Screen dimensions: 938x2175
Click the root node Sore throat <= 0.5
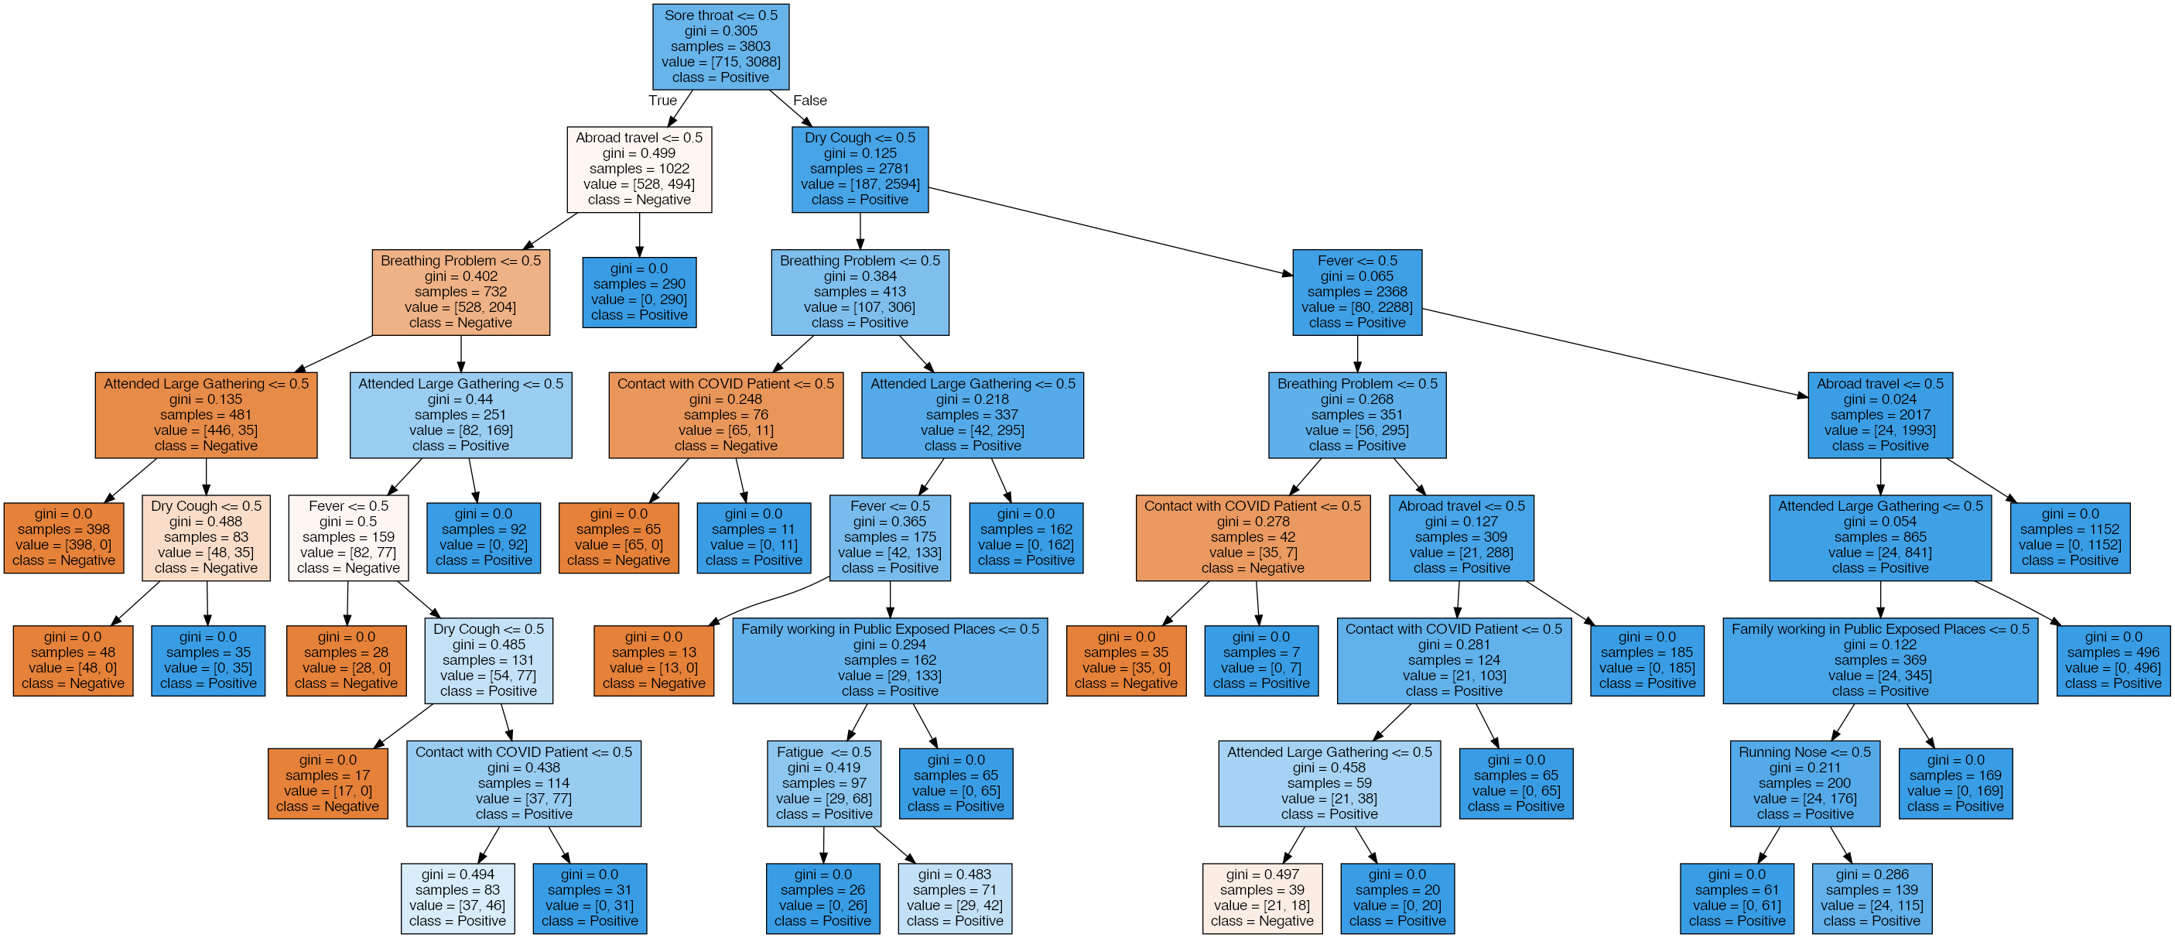point(720,46)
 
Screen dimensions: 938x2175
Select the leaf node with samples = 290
point(639,292)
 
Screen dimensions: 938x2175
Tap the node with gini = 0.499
point(639,169)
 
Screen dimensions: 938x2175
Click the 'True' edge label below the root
point(662,101)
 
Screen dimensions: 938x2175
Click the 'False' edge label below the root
point(809,101)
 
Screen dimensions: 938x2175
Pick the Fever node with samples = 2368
point(1357,292)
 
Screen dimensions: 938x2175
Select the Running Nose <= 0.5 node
point(1804,782)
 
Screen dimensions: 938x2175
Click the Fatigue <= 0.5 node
point(823,782)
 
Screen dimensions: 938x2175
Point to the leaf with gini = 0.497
point(1262,898)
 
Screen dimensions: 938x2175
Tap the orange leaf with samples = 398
point(64,538)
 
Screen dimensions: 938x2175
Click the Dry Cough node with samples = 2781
point(860,169)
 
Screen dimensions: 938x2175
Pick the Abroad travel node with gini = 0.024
point(1879,415)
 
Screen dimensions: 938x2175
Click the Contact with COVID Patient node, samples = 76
point(725,415)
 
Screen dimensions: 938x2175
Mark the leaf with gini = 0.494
point(457,898)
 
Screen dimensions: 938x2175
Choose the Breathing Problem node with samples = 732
point(460,292)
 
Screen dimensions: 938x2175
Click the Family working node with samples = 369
point(1879,660)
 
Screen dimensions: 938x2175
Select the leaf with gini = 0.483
point(955,898)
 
